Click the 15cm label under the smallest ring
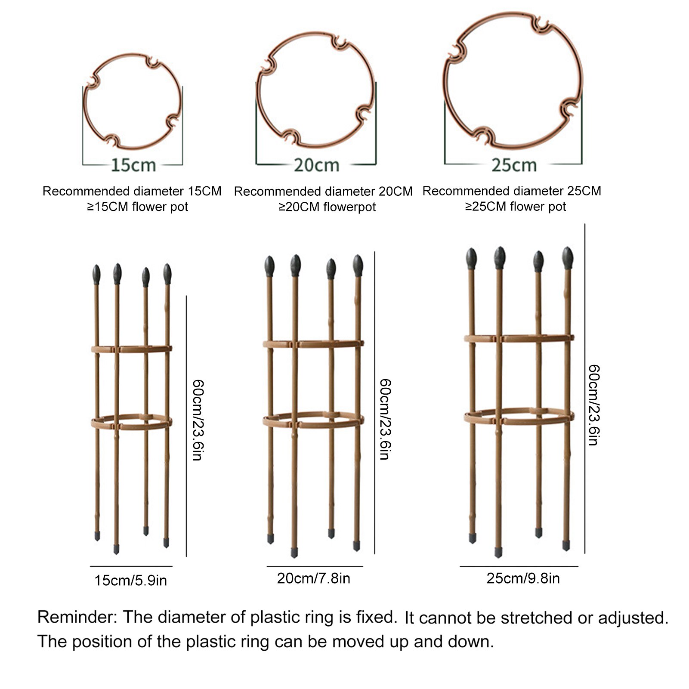click(x=133, y=165)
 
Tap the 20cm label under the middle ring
click(x=317, y=165)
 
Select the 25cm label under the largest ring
click(x=514, y=165)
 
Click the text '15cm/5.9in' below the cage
click(x=130, y=581)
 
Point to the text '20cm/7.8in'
click(x=313, y=578)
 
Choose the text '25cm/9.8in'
click(x=523, y=578)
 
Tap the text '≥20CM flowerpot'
click(x=327, y=207)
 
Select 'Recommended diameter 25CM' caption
click(x=512, y=191)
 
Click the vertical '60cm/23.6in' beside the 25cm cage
click(x=593, y=405)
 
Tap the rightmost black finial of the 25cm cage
click(x=568, y=258)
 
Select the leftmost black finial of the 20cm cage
click(x=269, y=266)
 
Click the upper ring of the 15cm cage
click(x=131, y=349)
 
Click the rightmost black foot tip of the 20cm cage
click(x=357, y=546)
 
